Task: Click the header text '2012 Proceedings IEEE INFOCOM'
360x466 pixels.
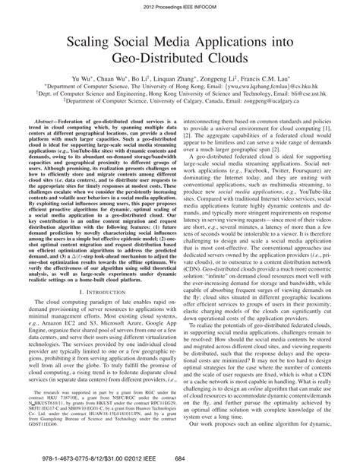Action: click(x=179, y=7)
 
